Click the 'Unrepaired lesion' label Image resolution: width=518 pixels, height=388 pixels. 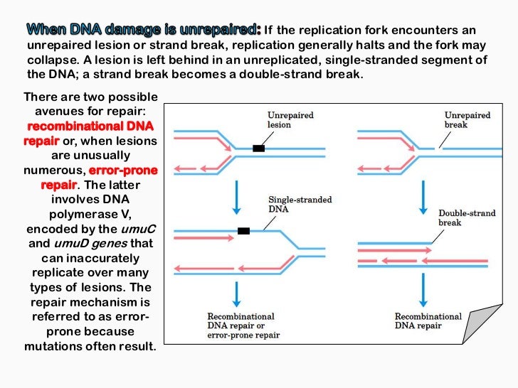coord(290,120)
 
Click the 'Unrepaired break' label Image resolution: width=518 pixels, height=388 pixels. coord(467,120)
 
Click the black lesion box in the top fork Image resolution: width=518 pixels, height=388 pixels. coord(259,149)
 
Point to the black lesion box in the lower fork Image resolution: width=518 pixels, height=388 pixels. coord(243,231)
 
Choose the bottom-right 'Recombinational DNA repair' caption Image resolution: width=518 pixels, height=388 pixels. coord(428,321)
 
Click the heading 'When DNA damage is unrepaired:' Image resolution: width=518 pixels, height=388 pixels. coord(144,31)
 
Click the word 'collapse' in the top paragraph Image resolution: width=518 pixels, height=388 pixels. coord(49,60)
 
